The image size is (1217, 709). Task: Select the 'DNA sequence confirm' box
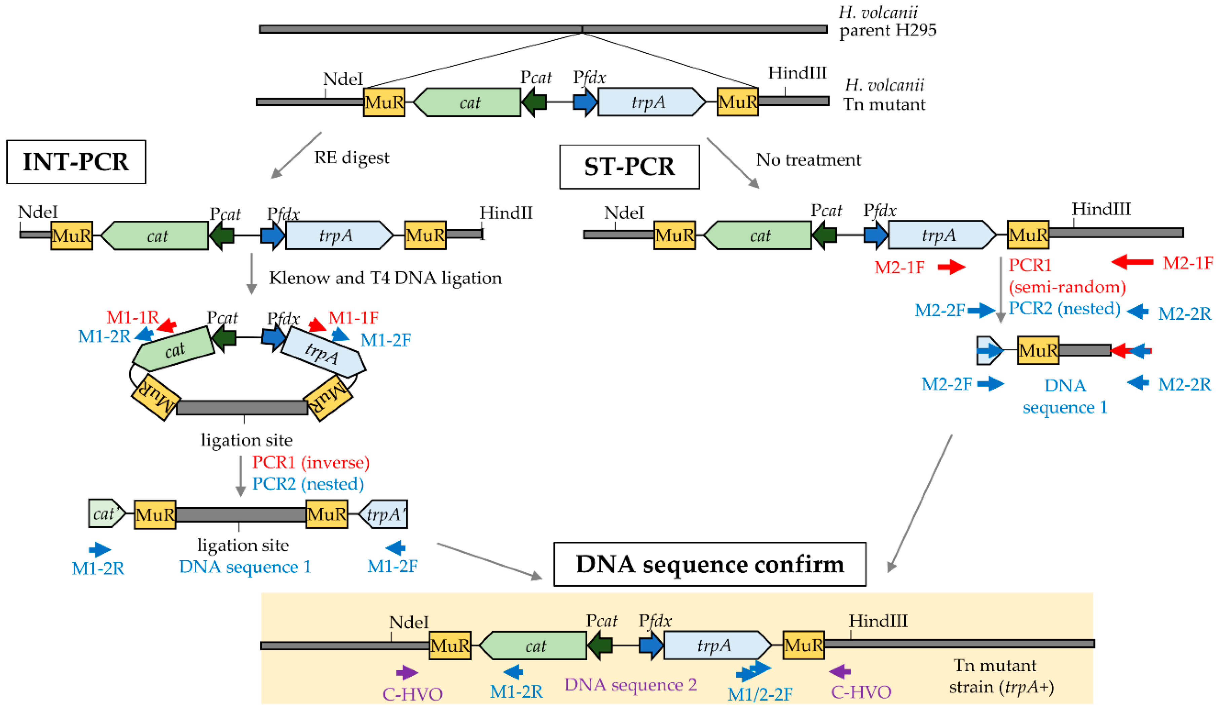[x=709, y=564]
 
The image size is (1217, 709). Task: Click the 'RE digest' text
[x=351, y=157]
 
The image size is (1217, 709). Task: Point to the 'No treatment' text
[x=808, y=160]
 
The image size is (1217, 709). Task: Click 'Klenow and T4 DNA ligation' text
[x=385, y=278]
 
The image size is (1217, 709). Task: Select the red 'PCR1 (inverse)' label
[x=310, y=462]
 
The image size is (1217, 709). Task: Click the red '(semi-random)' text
[x=1067, y=287]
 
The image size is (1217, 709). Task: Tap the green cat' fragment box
[x=106, y=513]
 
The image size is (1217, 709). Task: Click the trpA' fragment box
[x=384, y=514]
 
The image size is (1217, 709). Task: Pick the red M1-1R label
[x=132, y=317]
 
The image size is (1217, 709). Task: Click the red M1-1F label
[x=353, y=318]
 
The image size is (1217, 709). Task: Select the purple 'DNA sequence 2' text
[x=630, y=684]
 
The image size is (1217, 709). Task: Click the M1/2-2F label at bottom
[x=759, y=694]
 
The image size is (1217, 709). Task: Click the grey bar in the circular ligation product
[x=242, y=407]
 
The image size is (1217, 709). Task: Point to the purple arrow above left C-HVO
[x=407, y=672]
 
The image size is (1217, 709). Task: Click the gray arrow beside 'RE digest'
[x=296, y=155]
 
